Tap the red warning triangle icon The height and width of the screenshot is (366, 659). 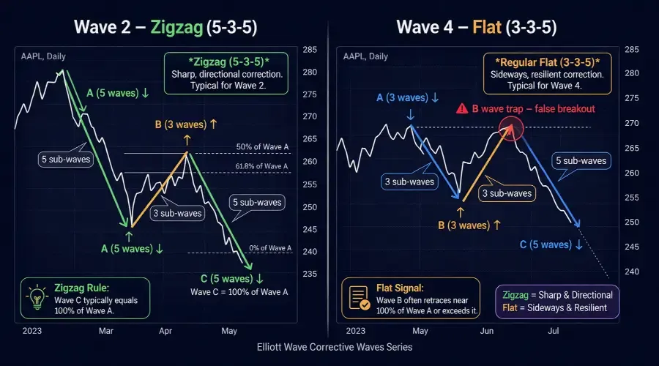462,108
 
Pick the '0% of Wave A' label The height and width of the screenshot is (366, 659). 270,248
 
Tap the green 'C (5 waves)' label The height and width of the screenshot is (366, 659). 233,279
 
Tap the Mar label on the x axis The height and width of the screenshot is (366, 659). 107,332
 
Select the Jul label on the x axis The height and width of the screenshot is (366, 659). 554,332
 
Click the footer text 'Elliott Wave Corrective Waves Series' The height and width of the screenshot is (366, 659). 329,347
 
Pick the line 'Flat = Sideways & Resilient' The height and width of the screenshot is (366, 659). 554,307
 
